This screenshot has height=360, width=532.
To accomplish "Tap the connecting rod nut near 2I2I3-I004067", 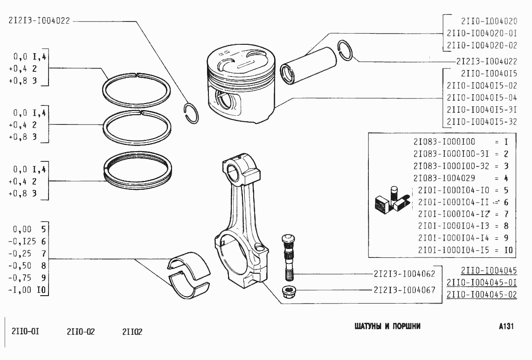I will (x=288, y=291).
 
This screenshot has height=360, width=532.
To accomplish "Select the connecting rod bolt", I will (x=287, y=256).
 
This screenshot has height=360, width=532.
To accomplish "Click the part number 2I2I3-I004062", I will (x=404, y=274).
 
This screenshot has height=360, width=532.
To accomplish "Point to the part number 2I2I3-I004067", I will (x=404, y=290).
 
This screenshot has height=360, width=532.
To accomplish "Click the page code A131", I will (x=505, y=326).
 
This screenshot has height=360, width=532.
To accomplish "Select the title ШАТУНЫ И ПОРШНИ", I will (x=387, y=326).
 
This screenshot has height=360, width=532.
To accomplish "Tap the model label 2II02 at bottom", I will (x=132, y=332).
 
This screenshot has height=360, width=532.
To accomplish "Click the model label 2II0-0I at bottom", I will (x=25, y=332).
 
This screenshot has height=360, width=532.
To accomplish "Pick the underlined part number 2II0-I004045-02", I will (x=482, y=295).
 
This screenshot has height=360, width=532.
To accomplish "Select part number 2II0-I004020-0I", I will (x=482, y=33).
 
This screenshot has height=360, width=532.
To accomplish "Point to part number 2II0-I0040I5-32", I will (x=482, y=122).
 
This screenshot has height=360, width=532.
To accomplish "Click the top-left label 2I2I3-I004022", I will (x=39, y=21).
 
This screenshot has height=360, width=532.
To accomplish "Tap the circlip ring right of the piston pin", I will (x=346, y=50).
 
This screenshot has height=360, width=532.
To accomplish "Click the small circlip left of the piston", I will (x=191, y=113).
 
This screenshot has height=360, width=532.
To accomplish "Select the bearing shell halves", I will (x=189, y=275).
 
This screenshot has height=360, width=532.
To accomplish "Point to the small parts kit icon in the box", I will (x=392, y=201).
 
